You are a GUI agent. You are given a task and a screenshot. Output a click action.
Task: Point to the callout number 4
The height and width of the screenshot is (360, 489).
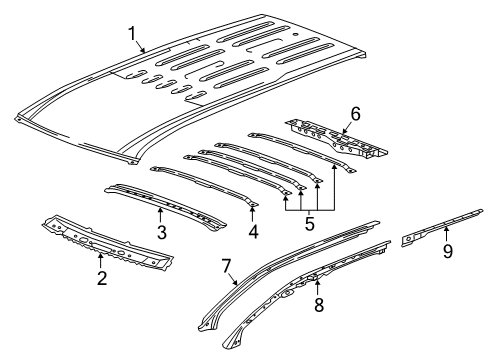click(252, 232)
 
